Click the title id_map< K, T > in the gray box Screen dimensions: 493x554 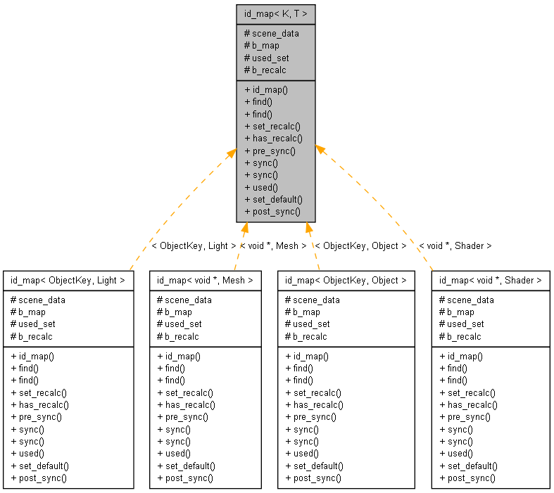point(276,13)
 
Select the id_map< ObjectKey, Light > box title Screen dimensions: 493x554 point(68,280)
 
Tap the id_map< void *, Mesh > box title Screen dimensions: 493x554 point(204,280)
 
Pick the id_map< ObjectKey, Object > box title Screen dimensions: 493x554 point(346,280)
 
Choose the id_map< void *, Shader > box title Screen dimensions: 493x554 point(491,280)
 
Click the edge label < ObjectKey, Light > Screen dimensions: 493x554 point(194,246)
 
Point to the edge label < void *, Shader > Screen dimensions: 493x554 point(455,246)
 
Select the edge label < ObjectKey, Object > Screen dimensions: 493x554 point(360,246)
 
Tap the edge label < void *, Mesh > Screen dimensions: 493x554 point(273,246)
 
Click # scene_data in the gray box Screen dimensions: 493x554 point(271,33)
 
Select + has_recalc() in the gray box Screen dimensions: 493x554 point(273,138)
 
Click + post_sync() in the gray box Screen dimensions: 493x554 point(272,211)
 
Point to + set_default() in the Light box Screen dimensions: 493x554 point(39,466)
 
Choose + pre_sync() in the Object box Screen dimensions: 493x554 point(310,416)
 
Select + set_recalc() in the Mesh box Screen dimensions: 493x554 point(184,392)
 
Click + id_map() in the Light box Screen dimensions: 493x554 point(32,356)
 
